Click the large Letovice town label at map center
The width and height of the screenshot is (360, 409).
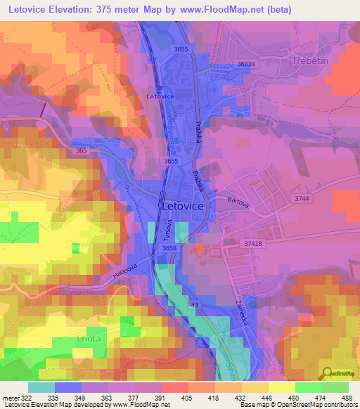click(183, 207)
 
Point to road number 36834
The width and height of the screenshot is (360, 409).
click(247, 64)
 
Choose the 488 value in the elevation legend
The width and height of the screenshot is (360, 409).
click(348, 397)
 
